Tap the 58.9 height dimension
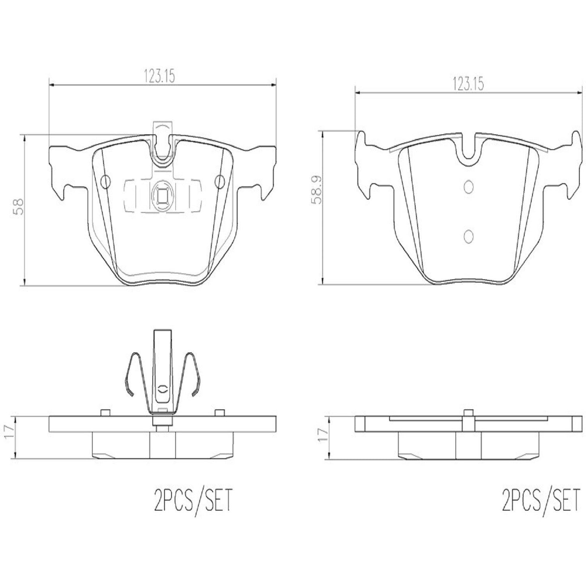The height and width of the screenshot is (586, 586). tap(318, 189)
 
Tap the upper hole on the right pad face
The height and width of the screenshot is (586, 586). tap(468, 186)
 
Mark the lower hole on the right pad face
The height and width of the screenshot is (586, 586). tap(468, 236)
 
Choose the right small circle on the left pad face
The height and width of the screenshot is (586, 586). tap(220, 182)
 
